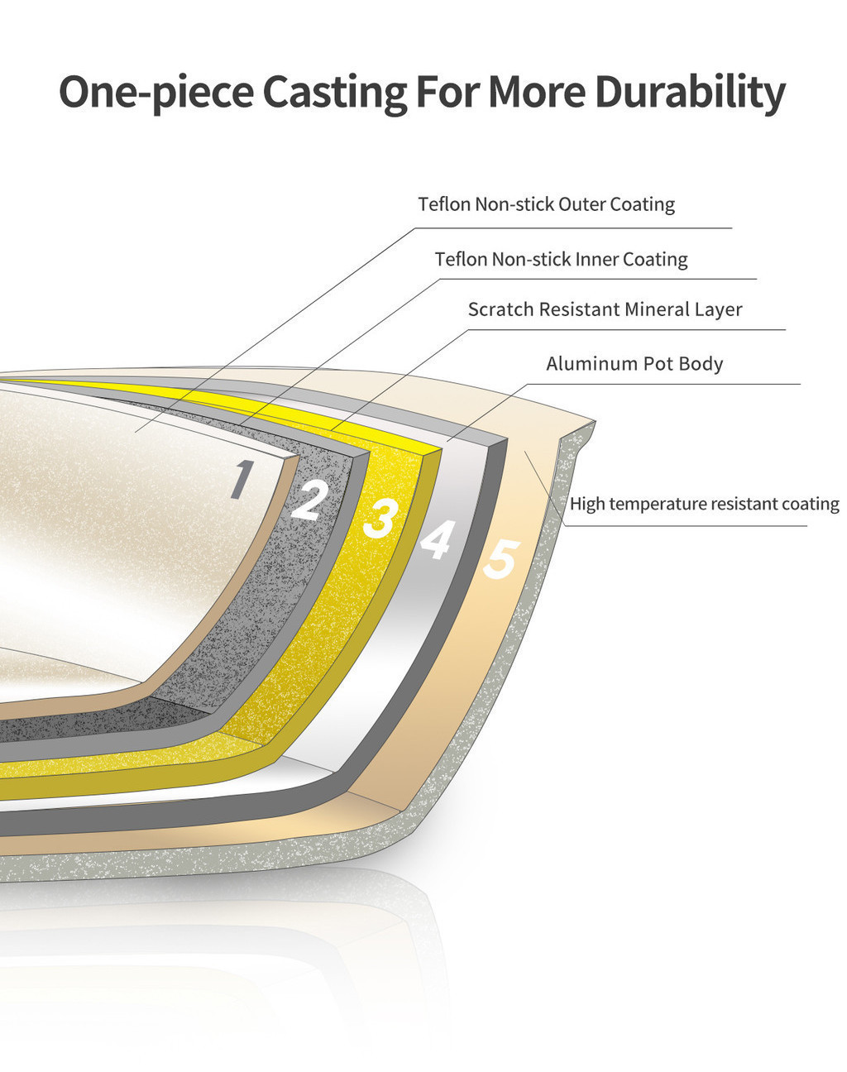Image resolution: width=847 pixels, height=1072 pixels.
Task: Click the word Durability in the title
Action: (x=690, y=93)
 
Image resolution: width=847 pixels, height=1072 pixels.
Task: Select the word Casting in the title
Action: (x=334, y=93)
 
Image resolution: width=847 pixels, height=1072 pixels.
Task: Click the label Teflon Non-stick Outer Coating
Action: (x=546, y=204)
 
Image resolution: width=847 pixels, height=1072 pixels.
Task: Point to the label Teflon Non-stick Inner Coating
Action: (x=561, y=259)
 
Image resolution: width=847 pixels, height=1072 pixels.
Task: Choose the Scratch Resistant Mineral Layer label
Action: (x=605, y=309)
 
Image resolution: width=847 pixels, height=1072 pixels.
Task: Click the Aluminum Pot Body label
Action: (x=634, y=364)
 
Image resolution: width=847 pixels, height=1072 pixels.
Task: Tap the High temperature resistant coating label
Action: (x=705, y=504)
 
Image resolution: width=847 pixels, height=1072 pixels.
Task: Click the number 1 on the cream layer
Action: (x=242, y=479)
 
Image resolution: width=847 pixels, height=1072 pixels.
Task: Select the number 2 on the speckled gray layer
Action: (x=309, y=500)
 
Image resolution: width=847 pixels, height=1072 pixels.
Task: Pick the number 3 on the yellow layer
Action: (x=381, y=519)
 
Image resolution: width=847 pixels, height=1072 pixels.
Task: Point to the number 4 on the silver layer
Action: (x=438, y=538)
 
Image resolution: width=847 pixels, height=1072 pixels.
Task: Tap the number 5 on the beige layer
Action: (x=502, y=559)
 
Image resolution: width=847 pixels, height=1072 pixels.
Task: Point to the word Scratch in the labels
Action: (x=500, y=309)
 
